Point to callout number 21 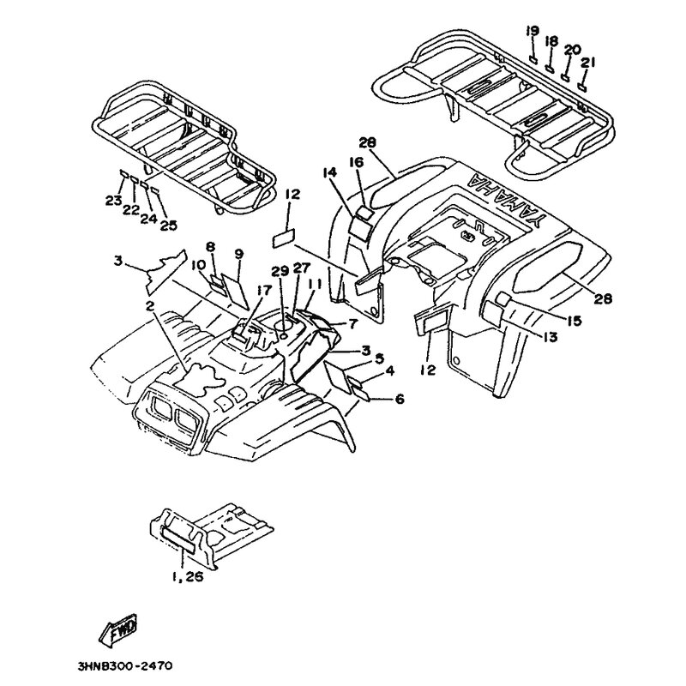587,62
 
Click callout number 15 574,321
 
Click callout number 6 400,399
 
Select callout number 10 196,265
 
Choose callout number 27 300,268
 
